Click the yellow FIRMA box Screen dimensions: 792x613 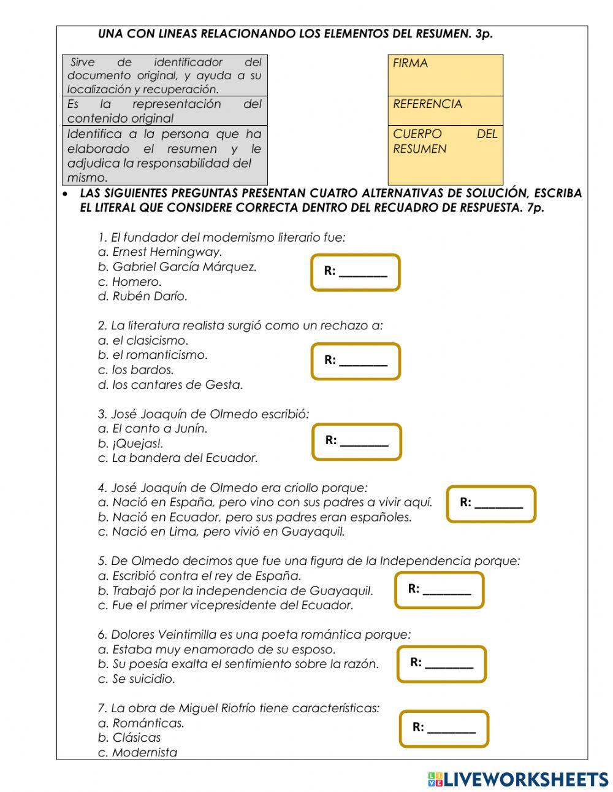click(445, 75)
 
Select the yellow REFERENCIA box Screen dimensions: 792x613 click(445, 110)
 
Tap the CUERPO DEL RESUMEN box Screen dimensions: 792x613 click(445, 155)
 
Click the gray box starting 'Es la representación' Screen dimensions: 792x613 click(164, 111)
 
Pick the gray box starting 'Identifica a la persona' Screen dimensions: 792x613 click(164, 155)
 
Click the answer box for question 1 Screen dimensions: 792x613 click(356, 272)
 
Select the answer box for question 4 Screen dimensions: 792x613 click(491, 504)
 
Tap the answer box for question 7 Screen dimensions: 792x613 click(444, 728)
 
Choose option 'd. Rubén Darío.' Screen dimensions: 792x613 click(143, 296)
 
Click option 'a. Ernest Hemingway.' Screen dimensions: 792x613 click(160, 252)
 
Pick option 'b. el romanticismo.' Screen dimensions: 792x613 click(153, 355)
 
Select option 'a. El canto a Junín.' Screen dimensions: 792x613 click(153, 428)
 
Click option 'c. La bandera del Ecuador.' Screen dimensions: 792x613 click(178, 458)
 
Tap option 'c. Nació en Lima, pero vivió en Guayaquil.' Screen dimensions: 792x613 click(221, 531)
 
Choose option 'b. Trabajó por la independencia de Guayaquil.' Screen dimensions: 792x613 click(235, 591)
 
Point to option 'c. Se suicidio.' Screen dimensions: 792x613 click(137, 679)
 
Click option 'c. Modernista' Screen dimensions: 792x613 click(137, 752)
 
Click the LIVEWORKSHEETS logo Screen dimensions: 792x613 click(518, 779)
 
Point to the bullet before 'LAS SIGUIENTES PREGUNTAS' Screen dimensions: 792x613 click(66, 193)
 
